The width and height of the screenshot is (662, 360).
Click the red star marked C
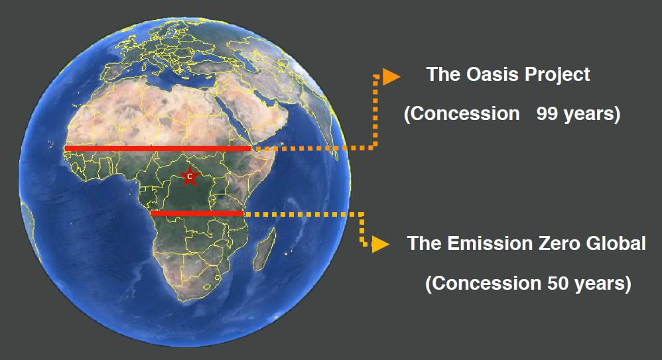pos(190,176)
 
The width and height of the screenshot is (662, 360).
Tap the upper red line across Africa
pos(159,149)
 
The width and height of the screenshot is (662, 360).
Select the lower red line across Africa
pos(197,213)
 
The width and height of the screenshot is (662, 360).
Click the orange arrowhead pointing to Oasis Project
pos(391,77)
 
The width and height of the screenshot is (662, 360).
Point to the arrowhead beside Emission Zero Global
pos(380,244)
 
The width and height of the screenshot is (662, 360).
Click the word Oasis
pos(492,74)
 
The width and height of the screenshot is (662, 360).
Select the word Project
pos(557,75)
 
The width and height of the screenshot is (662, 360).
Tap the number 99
pos(547,113)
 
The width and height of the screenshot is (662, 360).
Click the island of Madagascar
pos(265,250)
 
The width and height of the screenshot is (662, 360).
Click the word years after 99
pos(588,115)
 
